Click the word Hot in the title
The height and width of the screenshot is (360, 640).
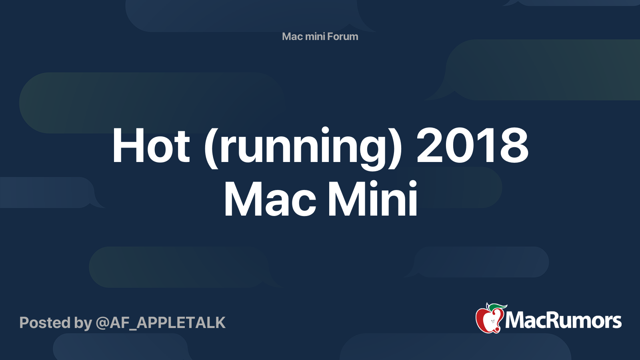[x=151, y=145]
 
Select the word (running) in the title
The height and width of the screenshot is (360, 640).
[x=303, y=148]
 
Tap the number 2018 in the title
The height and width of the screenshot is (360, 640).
[x=472, y=145]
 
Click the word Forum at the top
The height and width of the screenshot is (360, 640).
[x=342, y=36]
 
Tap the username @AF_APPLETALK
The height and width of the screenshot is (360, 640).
[x=160, y=323]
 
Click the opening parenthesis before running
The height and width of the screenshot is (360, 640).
[x=211, y=148]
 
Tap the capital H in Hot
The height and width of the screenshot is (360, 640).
[x=128, y=146]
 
